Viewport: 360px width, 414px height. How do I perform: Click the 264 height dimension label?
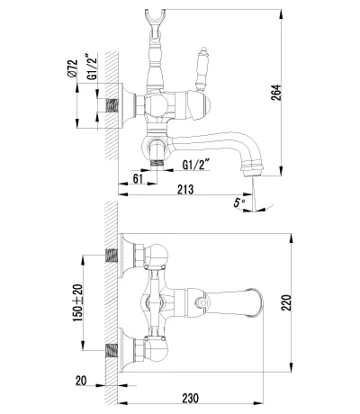pyautogui.click(x=276, y=92)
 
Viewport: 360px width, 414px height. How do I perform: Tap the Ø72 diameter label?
pyautogui.click(x=73, y=68)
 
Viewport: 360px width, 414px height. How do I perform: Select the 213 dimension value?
pyautogui.click(x=185, y=189)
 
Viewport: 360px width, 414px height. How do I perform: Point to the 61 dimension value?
pyautogui.click(x=138, y=179)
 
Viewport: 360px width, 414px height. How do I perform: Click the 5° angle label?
pyautogui.click(x=239, y=202)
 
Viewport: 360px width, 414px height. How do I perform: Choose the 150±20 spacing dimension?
pyautogui.click(x=77, y=302)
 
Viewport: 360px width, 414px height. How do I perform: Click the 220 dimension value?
pyautogui.click(x=286, y=302)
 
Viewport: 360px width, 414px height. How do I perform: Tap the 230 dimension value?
pyautogui.click(x=190, y=398)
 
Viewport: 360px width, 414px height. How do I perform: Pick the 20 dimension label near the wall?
pyautogui.click(x=81, y=381)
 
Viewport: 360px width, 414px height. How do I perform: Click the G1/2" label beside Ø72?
pyautogui.click(x=93, y=67)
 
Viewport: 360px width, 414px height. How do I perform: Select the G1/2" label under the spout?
pyautogui.click(x=196, y=165)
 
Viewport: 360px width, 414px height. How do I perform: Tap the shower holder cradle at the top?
pyautogui.click(x=155, y=18)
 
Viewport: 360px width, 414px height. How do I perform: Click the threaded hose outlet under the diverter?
pyautogui.click(x=157, y=164)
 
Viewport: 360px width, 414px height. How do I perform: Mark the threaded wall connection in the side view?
pyautogui.click(x=112, y=105)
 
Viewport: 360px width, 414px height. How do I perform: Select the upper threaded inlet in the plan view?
pyautogui.click(x=112, y=256)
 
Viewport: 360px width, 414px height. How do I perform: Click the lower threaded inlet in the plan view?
pyautogui.click(x=112, y=351)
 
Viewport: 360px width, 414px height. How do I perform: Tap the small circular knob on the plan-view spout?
pyautogui.click(x=203, y=302)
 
